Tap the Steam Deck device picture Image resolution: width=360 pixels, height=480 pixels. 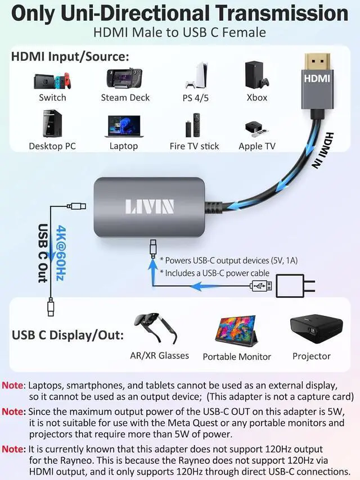point(124,79)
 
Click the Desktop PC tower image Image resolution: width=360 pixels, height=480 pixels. point(52,124)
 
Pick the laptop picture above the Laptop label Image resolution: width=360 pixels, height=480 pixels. point(124,126)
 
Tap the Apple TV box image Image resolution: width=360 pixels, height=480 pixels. point(256,129)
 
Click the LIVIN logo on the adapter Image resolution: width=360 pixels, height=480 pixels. point(149,206)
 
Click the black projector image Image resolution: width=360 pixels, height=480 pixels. point(312,328)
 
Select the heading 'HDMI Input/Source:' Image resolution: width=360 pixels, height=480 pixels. point(70,57)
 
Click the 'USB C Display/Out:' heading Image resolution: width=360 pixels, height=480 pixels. point(68,336)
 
